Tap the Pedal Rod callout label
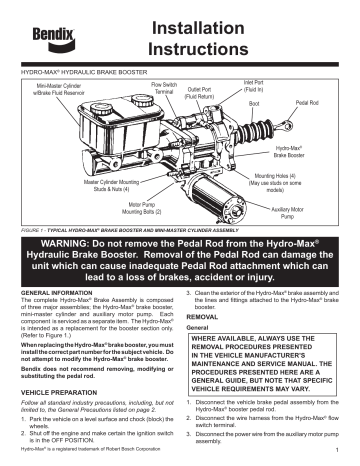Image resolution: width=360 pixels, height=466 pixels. tap(306, 103)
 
